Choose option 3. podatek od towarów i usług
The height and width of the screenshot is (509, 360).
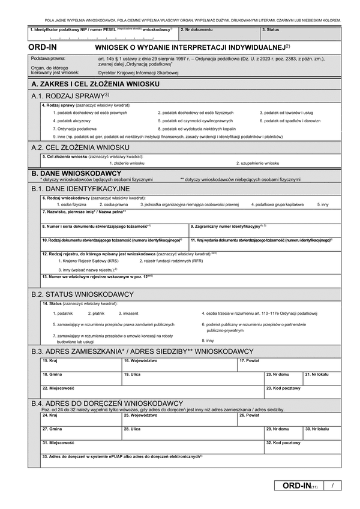(286, 113)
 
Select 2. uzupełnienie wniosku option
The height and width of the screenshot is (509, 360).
(257, 162)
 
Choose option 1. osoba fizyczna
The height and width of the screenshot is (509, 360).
(72, 204)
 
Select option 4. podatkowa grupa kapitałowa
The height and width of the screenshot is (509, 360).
(277, 204)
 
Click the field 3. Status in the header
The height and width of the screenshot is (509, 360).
(300, 34)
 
